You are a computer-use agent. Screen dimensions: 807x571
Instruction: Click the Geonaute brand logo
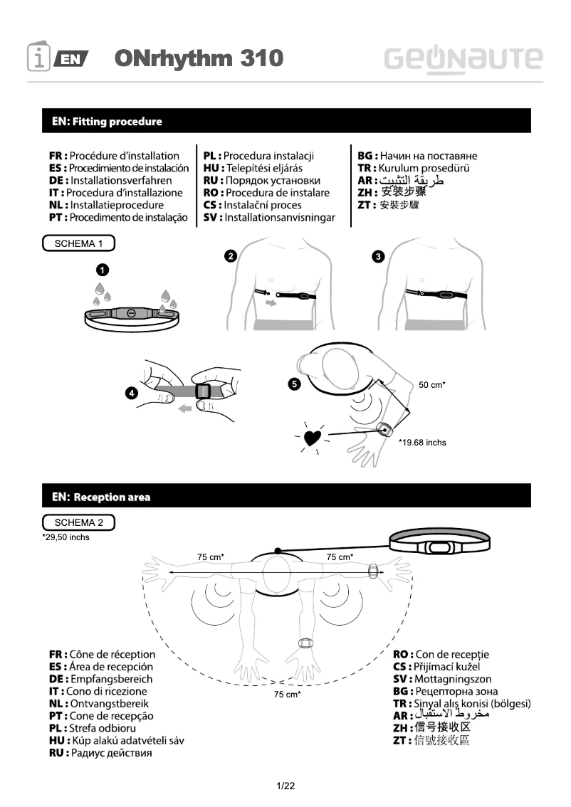pyautogui.click(x=463, y=59)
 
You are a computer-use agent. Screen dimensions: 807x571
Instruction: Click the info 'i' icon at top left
pyautogui.click(x=37, y=57)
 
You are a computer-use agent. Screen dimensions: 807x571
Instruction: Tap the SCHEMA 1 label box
pyautogui.click(x=79, y=243)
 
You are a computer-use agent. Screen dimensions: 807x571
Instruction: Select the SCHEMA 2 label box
pyautogui.click(x=79, y=523)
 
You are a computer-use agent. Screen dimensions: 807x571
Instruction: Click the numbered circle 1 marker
pyautogui.click(x=103, y=270)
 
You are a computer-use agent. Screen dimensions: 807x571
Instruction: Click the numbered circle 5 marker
pyautogui.click(x=293, y=384)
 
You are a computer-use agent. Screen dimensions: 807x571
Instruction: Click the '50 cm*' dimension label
pyautogui.click(x=431, y=385)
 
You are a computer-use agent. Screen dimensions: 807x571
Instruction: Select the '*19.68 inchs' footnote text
pyautogui.click(x=422, y=443)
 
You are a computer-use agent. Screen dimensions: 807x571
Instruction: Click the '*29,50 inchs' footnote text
pyautogui.click(x=66, y=537)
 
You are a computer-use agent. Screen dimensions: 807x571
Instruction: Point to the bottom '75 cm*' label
pyautogui.click(x=288, y=694)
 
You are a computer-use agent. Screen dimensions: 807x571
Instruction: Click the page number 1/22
pyautogui.click(x=285, y=786)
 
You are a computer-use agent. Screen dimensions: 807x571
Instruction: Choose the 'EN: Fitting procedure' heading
pyautogui.click(x=107, y=122)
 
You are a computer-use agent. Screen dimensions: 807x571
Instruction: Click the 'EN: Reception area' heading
pyautogui.click(x=101, y=497)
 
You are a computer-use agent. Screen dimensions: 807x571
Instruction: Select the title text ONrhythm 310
pyautogui.click(x=199, y=58)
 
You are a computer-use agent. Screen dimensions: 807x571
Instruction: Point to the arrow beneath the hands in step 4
pyautogui.click(x=186, y=409)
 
